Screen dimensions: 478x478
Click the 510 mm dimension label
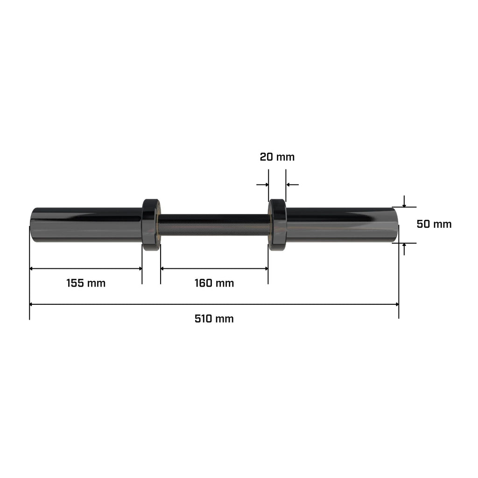click(214, 319)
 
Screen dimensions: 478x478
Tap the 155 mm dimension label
click(86, 283)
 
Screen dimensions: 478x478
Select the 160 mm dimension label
click(214, 283)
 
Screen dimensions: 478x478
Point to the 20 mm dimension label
click(277, 157)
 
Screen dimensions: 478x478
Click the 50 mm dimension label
click(434, 224)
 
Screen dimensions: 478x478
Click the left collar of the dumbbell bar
click(151, 225)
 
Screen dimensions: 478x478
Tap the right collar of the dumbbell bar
click(277, 225)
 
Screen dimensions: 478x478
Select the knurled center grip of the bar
click(214, 225)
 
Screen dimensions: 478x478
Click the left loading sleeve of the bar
click(86, 225)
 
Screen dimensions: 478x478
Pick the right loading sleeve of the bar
click(342, 225)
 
